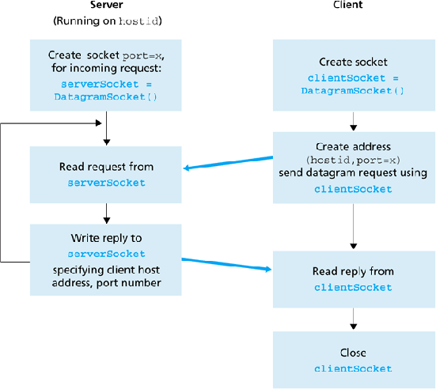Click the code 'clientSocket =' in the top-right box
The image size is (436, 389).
[352, 79]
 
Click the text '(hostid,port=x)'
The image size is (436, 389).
[352, 161]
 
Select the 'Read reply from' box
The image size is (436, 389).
[352, 278]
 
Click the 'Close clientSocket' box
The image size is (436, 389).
[352, 360]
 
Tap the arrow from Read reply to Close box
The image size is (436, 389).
[352, 319]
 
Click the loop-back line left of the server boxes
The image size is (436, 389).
[2, 190]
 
